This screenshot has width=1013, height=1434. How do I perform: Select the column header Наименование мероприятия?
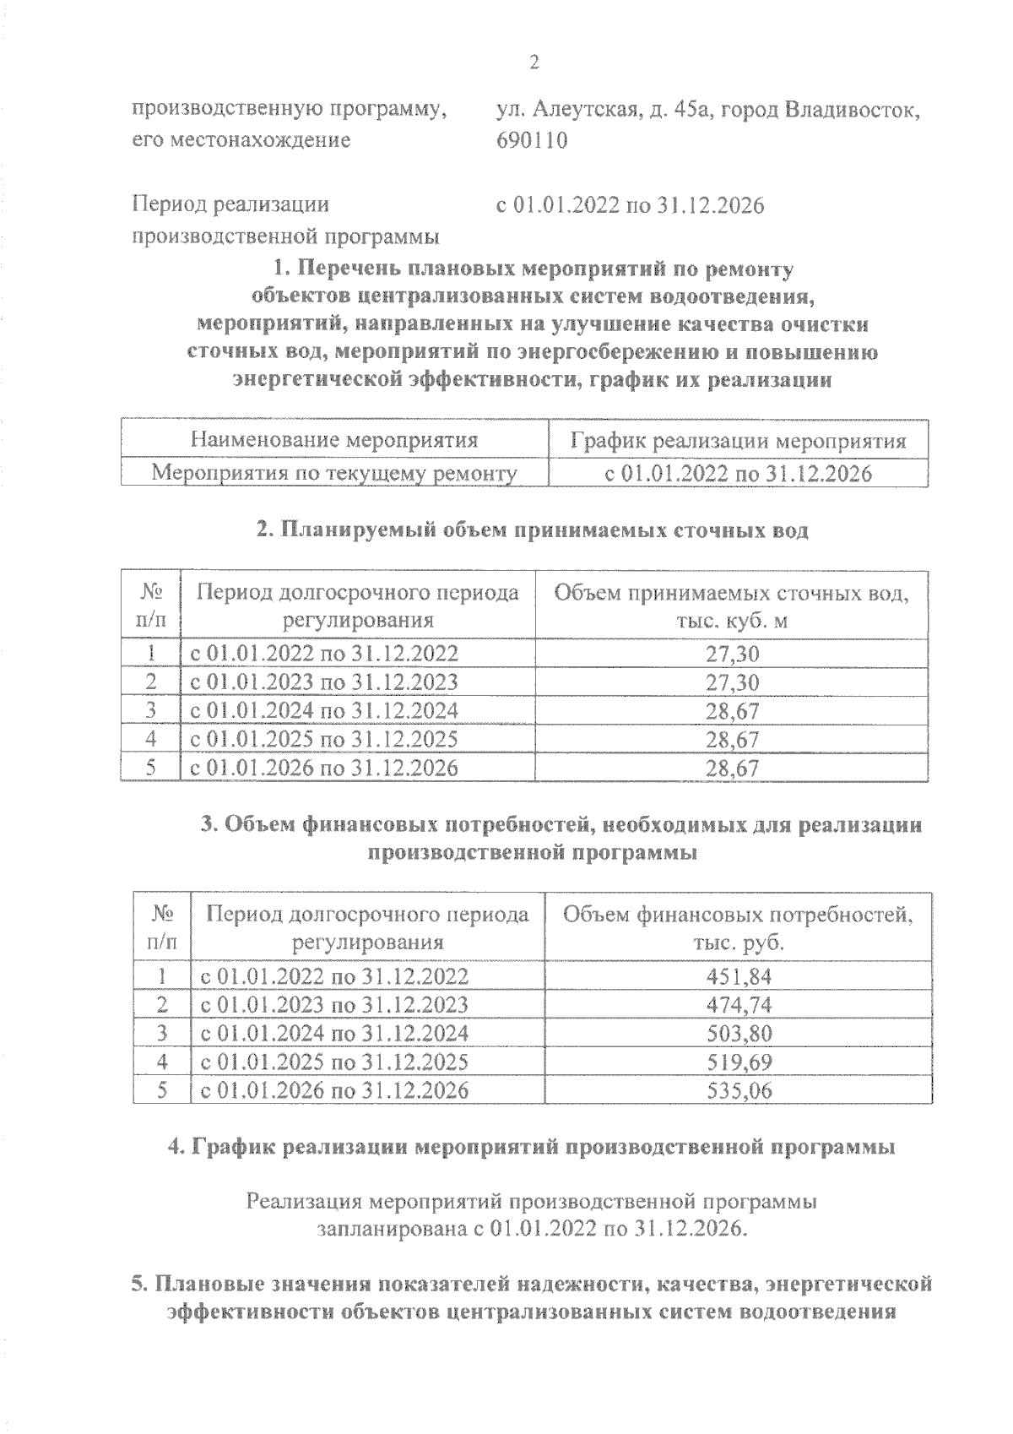(334, 441)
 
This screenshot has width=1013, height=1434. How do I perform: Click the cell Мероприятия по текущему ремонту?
(334, 474)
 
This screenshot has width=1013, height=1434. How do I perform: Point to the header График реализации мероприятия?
(739, 441)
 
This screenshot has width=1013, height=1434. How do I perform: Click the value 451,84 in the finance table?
(739, 977)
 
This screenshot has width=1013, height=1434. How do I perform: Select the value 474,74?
(739, 1005)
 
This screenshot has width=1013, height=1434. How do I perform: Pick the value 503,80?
(739, 1034)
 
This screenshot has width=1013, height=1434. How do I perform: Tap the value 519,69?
(739, 1062)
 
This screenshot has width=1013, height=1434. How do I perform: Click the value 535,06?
(739, 1090)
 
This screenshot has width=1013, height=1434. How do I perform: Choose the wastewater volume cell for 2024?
(732, 711)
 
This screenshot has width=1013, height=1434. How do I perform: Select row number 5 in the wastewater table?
(151, 768)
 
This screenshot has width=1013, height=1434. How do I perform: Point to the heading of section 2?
(533, 530)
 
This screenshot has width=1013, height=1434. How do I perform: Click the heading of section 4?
(533, 1148)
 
